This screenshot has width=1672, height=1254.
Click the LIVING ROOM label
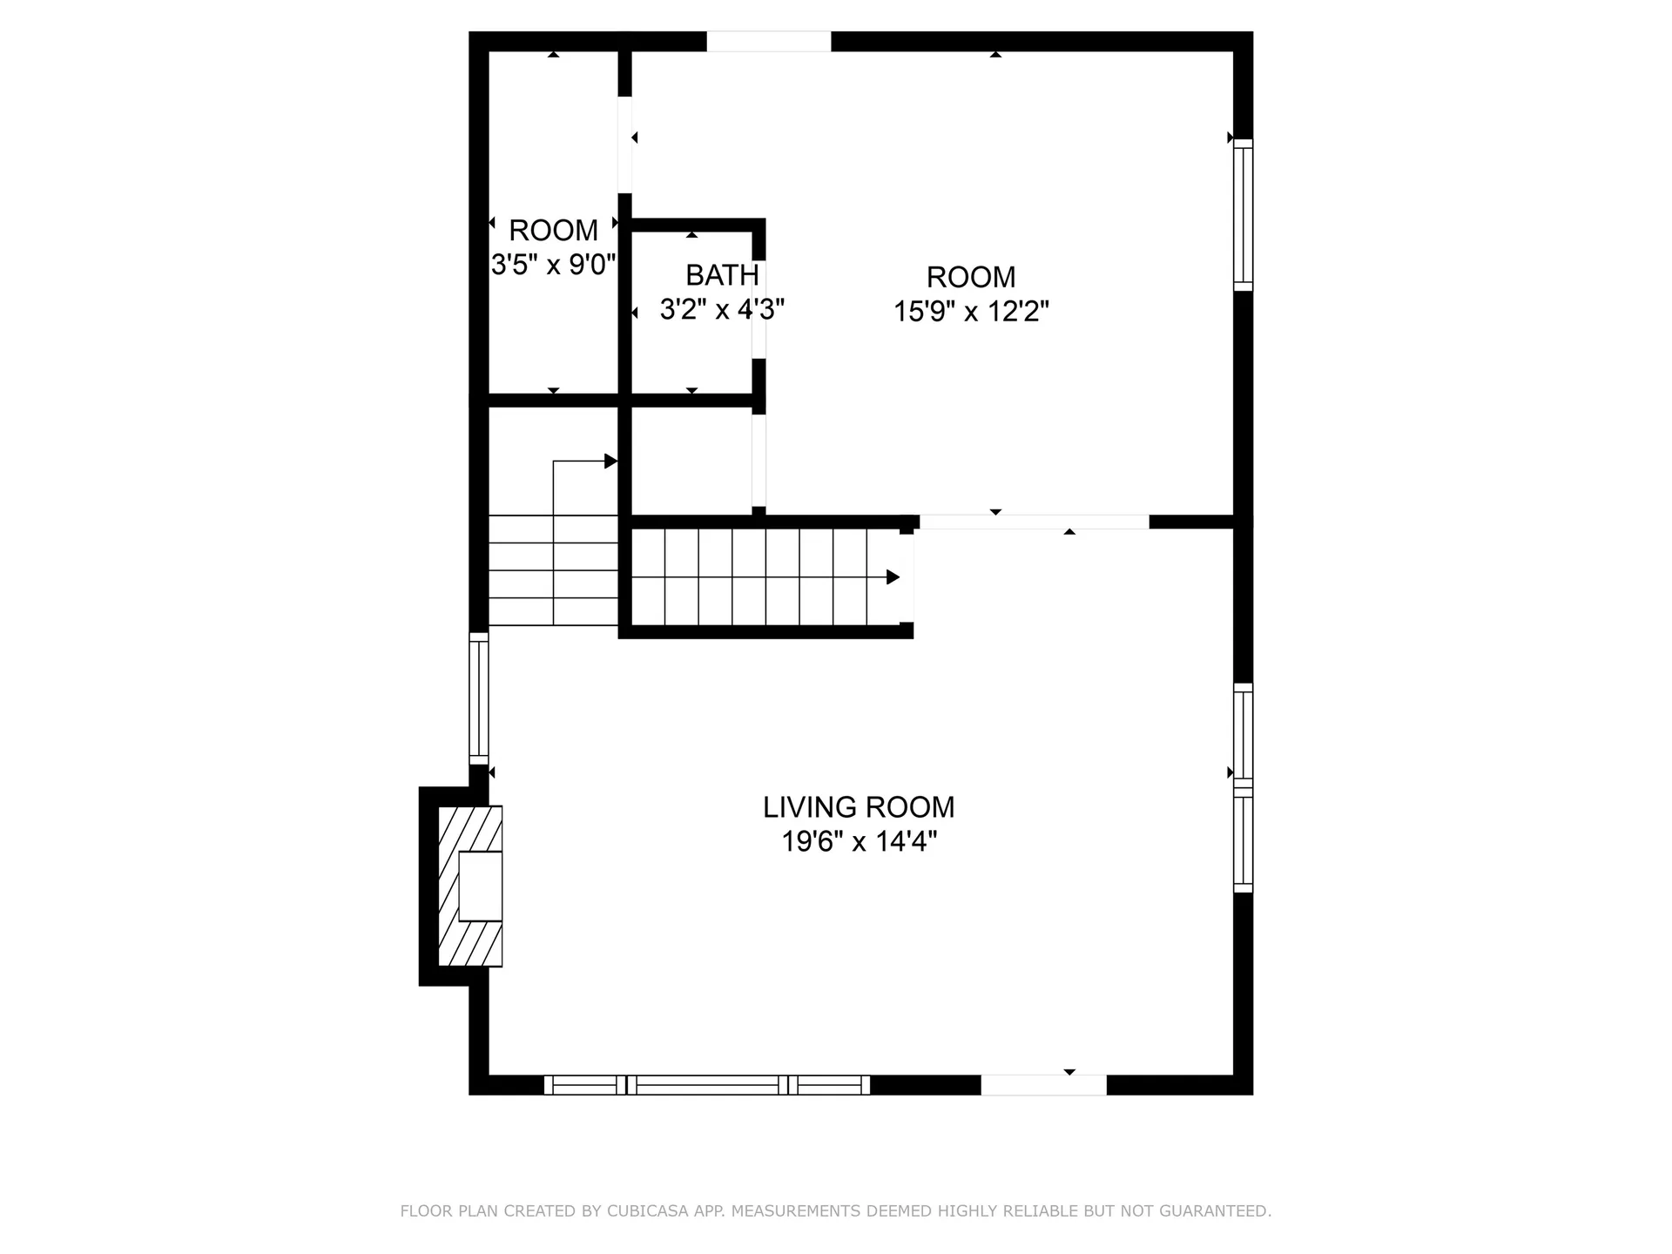[859, 807]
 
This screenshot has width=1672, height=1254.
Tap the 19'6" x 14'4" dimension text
[859, 842]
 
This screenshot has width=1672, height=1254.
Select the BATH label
[722, 275]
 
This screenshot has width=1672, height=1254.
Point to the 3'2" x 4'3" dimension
[722, 309]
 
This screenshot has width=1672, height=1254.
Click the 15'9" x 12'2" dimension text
[971, 311]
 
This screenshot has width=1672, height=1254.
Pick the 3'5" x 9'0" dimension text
[554, 265]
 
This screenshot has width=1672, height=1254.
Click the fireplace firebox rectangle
[480, 886]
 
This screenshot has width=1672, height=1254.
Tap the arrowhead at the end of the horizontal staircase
[893, 577]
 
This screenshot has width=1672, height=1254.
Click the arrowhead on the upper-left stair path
[611, 462]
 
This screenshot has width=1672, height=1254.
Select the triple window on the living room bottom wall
[707, 1085]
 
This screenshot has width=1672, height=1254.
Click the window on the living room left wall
[479, 698]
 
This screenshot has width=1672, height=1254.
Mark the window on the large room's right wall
[1243, 215]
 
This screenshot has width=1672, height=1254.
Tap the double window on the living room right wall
[1243, 788]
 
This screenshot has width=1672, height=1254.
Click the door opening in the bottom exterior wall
[1043, 1085]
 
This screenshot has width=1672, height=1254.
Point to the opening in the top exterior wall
[768, 42]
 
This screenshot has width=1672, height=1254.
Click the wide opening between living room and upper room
[1034, 522]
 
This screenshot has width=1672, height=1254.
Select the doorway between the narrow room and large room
[624, 145]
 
